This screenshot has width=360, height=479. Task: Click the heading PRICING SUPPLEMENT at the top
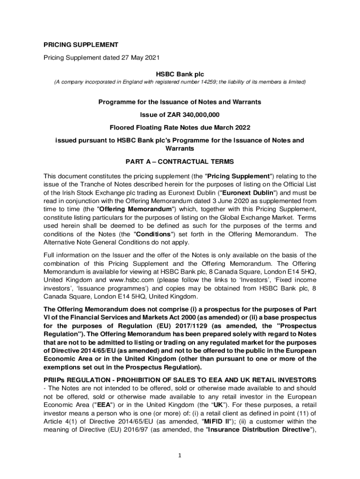pyautogui.click(x=81, y=45)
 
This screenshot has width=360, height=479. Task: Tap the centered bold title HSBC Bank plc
pyautogui.click(x=180, y=73)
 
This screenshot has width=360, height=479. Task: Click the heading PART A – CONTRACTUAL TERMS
pyautogui.click(x=180, y=162)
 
